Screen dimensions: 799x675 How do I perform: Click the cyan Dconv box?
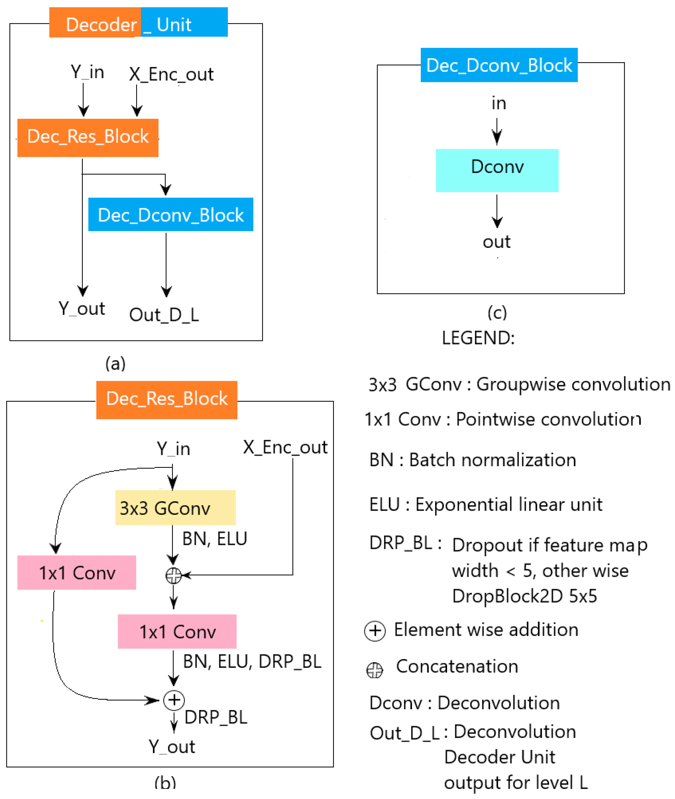497,171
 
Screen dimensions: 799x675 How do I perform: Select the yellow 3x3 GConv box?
175,507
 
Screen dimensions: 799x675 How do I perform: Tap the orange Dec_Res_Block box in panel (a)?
88,138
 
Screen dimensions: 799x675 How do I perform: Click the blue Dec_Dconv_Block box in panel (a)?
171,215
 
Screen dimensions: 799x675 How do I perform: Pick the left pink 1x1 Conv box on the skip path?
77,573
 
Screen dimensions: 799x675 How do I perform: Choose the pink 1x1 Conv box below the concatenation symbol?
177,631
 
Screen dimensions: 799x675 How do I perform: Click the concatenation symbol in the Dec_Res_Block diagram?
173,575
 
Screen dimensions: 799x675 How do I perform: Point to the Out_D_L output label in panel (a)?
164,315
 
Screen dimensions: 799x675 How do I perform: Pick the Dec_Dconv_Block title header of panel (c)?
499,65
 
